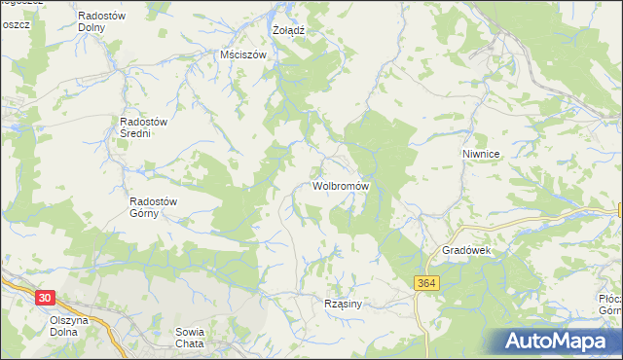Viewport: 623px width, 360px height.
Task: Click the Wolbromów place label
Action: pyautogui.click(x=340, y=185)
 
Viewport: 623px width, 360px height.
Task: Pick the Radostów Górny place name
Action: pyautogui.click(x=154, y=207)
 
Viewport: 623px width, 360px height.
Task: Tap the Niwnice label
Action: pyautogui.click(x=481, y=155)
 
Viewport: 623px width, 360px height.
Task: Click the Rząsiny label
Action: pyautogui.click(x=343, y=304)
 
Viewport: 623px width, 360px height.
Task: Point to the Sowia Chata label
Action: pyautogui.click(x=189, y=337)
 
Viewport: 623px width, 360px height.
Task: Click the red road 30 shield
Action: pyautogui.click(x=43, y=297)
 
